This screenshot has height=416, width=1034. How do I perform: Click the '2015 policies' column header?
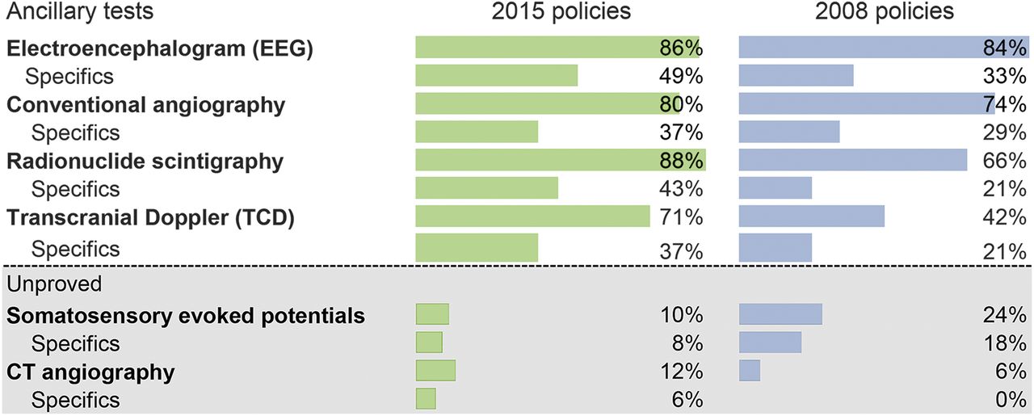click(x=563, y=13)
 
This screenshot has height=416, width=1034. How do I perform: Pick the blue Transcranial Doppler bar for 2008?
click(x=812, y=216)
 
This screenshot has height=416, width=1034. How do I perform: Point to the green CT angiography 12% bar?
click(x=435, y=371)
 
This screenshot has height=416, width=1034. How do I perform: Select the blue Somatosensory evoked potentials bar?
click(x=780, y=314)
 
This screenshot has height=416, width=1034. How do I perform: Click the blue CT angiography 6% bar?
click(x=750, y=371)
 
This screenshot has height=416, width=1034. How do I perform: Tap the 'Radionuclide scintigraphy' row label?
click(x=145, y=161)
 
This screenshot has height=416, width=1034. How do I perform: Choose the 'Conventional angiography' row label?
click(x=146, y=104)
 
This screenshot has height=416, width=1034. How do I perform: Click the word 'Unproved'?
click(x=54, y=284)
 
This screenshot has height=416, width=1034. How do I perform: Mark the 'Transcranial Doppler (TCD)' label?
click(x=150, y=217)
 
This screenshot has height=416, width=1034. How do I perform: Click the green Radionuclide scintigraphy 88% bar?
click(x=561, y=161)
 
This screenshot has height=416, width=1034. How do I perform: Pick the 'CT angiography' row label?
click(x=90, y=372)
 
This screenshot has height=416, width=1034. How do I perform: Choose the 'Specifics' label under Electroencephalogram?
click(x=69, y=76)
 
